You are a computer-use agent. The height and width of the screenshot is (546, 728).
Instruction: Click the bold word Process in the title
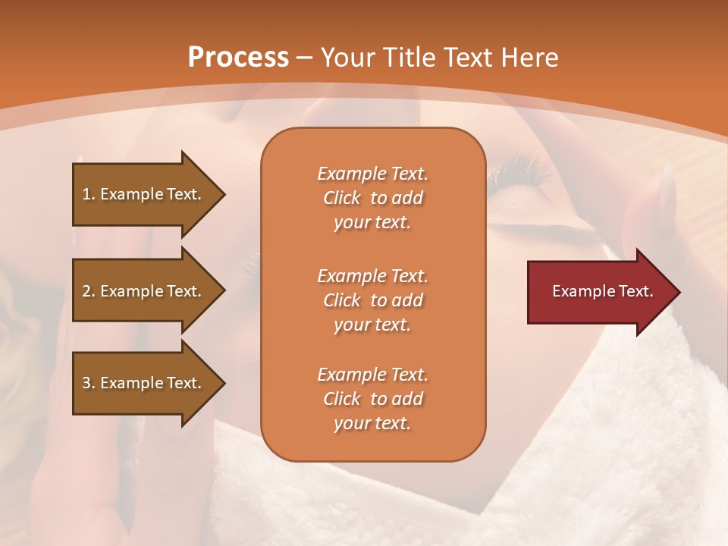tap(238, 58)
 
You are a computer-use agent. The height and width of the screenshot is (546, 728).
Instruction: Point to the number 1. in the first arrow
tap(89, 194)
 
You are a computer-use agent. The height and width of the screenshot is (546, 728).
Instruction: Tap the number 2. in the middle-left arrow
tap(89, 291)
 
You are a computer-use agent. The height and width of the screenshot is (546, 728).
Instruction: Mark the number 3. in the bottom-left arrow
tap(89, 383)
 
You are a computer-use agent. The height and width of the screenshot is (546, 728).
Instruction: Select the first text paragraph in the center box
tap(372, 198)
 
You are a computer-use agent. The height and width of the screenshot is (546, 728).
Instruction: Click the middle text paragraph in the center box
tap(372, 300)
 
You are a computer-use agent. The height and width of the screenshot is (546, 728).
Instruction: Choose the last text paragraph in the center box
tap(372, 399)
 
